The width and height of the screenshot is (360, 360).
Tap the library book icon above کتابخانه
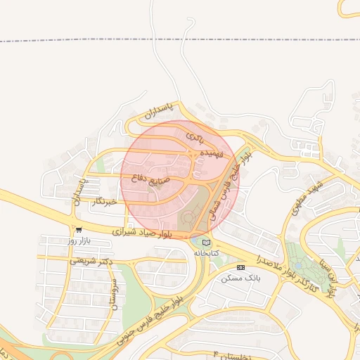tap(205, 242)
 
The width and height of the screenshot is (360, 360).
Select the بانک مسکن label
tap(241, 278)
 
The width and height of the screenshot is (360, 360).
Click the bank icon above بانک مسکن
tap(241, 268)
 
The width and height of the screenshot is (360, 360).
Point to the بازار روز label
tap(79, 240)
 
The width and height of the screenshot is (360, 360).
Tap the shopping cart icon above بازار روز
tap(78, 229)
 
